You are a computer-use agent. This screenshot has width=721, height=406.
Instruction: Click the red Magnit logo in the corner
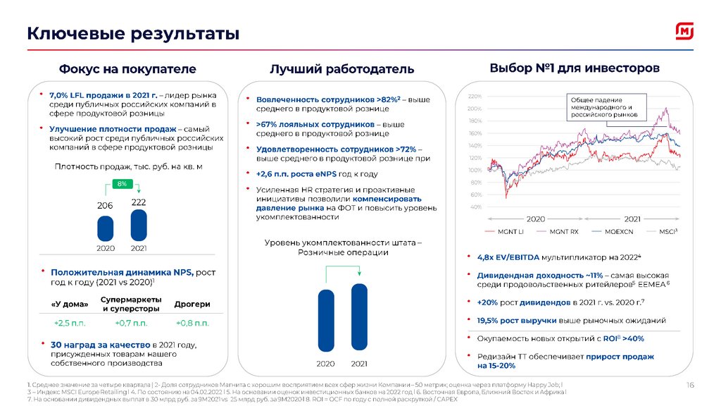[685, 31]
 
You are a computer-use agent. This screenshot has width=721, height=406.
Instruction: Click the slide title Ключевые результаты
[133, 33]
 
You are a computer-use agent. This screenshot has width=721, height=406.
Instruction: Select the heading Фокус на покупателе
[127, 69]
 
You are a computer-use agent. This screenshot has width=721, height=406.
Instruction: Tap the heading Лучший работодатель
[341, 69]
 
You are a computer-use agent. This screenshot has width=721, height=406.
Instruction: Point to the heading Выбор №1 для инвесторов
[574, 68]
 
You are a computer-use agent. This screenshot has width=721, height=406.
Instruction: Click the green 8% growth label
[122, 184]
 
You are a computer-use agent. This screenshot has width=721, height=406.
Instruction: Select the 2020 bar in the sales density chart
[105, 228]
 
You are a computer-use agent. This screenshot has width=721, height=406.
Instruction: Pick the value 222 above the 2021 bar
[139, 202]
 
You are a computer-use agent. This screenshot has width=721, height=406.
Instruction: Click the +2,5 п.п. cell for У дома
[70, 323]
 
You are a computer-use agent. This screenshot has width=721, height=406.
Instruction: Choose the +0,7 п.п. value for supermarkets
[131, 323]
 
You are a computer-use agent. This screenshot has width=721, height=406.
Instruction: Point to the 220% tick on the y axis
[474, 96]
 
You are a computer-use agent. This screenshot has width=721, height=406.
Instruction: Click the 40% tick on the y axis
[475, 207]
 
